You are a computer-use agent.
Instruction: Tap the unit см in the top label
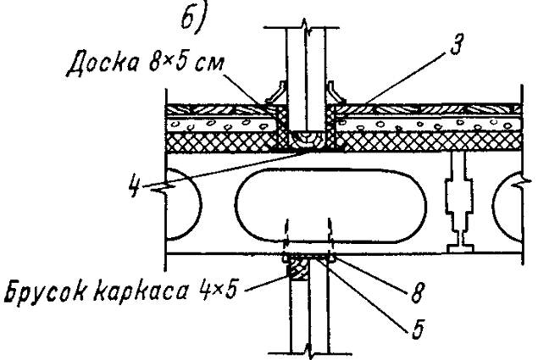210,64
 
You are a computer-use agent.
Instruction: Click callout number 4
136,185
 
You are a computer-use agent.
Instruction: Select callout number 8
417,293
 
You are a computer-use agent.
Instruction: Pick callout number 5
417,329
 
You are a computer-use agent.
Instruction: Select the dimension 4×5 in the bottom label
218,290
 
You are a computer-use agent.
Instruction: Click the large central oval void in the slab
331,205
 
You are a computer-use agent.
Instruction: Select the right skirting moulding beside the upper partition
336,92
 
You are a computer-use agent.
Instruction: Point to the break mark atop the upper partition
305,28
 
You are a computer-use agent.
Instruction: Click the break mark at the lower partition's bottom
309,352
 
